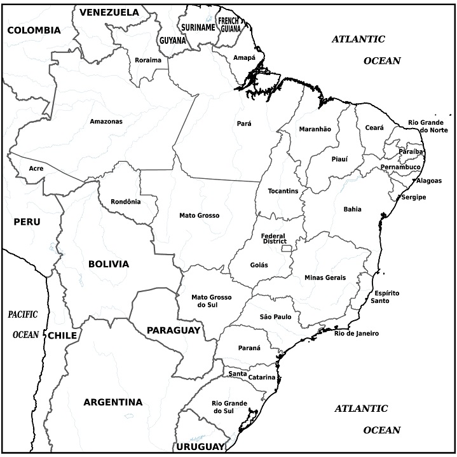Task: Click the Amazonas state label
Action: pos(106,121)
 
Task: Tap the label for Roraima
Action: pos(148,60)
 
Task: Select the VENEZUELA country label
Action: pos(109,12)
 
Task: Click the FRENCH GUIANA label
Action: pos(229,24)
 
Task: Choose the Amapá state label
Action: pos(244,57)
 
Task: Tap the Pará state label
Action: pos(243,123)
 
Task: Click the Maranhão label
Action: pos(315,129)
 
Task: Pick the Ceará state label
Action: pos(374,127)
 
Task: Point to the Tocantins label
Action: pos(283,191)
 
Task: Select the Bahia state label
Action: pos(352,209)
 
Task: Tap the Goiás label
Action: pos(259,265)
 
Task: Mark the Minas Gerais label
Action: pos(325,278)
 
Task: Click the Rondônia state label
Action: pos(125,202)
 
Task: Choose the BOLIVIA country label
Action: pos(109,264)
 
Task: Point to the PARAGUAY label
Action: pos(174,330)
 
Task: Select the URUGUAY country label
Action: pos(201,446)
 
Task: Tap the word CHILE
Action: pos(62,335)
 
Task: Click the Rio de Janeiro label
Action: pos(357,333)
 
